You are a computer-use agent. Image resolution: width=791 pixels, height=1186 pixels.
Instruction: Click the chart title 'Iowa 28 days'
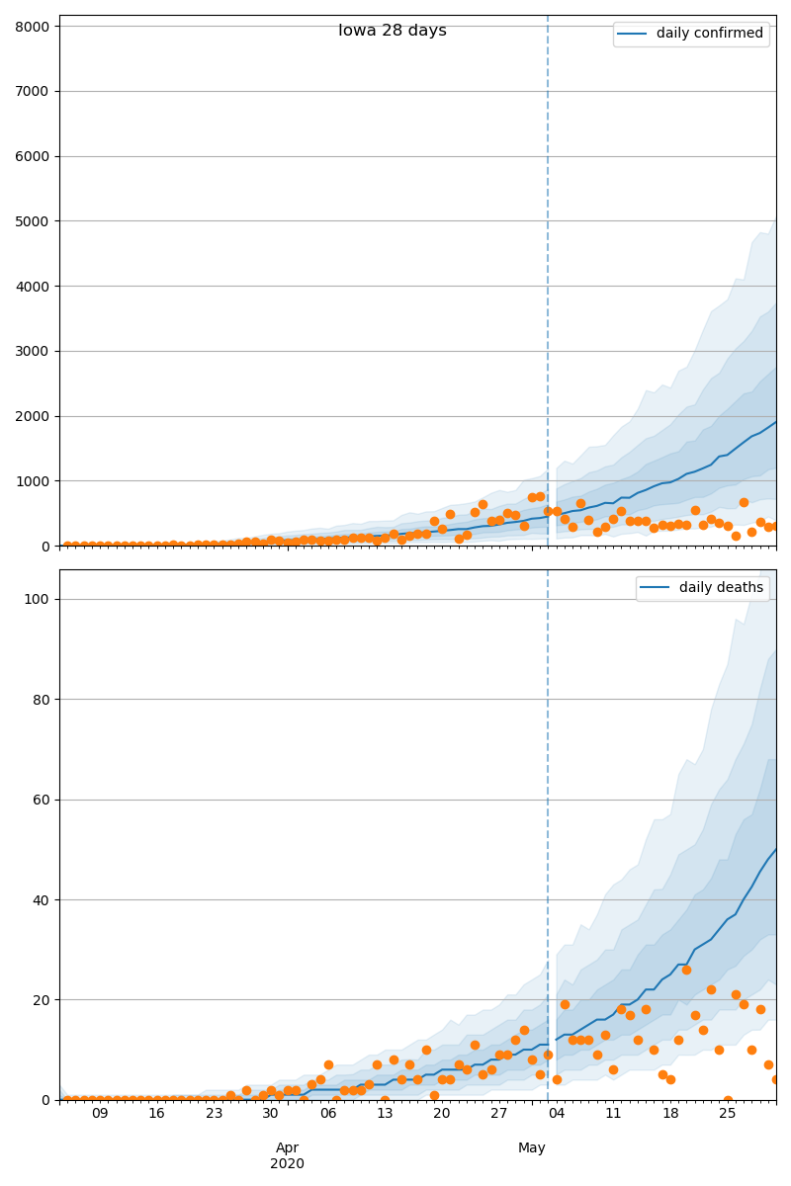coord(393,31)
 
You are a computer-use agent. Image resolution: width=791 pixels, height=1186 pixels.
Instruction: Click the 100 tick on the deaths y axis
coord(36,600)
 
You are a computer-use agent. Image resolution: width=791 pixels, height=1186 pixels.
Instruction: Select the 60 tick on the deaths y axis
coord(40,800)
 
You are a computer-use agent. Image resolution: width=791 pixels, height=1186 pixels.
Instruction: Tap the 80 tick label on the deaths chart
coord(40,700)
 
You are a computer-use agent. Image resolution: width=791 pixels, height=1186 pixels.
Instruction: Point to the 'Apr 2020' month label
coord(287,1155)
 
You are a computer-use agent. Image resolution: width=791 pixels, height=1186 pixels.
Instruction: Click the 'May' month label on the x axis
coord(532,1147)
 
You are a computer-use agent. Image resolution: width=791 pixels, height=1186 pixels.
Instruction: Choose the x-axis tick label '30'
coord(271,1114)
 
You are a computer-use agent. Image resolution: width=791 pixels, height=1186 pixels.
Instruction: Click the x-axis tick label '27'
coord(499,1114)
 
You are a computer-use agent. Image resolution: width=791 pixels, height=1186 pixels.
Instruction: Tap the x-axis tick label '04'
coord(557,1114)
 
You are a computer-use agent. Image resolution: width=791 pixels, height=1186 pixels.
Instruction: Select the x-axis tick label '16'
coord(156,1114)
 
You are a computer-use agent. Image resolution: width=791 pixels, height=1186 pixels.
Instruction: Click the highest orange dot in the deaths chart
coord(686,970)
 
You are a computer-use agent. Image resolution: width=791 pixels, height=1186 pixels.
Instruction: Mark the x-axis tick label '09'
coord(100,1114)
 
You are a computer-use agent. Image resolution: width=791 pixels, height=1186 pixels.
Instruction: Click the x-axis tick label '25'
coord(728,1114)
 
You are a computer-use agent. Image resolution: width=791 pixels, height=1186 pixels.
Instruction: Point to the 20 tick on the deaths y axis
coord(40,1000)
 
